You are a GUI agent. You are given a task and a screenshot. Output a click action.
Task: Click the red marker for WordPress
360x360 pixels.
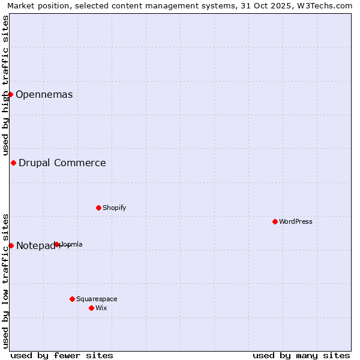pos(275,221)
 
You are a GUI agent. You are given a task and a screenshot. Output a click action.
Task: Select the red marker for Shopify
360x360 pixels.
pos(98,208)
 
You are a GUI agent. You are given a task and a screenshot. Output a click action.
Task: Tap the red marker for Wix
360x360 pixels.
pos(91,308)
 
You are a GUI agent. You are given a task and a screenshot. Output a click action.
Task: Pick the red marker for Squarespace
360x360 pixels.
pos(72,299)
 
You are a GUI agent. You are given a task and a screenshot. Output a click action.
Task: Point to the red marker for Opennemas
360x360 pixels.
pos(10,94)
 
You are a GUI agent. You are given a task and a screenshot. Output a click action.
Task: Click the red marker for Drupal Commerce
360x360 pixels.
pos(13,163)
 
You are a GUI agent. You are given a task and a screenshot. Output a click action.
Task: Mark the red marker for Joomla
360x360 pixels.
pos(57,244)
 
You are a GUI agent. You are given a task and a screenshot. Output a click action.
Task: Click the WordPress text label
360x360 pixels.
pos(296,221)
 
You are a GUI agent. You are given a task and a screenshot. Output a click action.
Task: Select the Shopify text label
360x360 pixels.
pos(115,208)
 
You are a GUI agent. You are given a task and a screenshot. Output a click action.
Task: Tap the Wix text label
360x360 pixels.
pos(101,308)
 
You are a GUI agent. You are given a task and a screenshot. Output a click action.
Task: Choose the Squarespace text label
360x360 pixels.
pos(97,299)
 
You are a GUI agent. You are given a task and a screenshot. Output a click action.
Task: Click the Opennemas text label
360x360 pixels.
pos(44,94)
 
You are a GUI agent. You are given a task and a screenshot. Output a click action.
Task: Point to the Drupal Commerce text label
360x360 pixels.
pos(62,163)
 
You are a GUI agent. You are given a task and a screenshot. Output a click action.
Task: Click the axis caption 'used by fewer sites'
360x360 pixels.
pos(62,355)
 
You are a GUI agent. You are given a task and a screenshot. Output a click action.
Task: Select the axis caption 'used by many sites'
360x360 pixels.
pos(301,355)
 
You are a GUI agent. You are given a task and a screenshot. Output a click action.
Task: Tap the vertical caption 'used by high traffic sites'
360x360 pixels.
pos(5,86)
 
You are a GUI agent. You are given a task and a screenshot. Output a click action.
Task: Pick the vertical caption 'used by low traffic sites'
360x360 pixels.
pos(5,281)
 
